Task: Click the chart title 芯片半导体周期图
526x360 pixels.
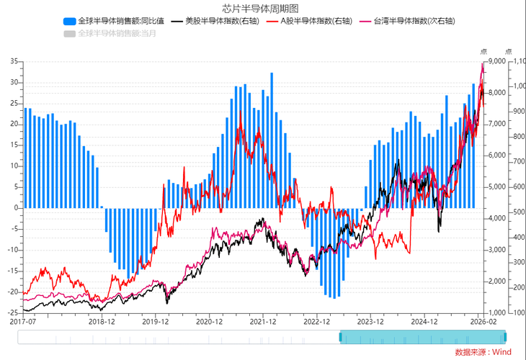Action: click(x=263, y=8)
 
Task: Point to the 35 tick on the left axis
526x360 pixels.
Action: click(x=14, y=62)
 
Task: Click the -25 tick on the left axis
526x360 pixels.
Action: click(x=12, y=313)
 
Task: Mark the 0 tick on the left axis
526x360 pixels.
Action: click(x=16, y=208)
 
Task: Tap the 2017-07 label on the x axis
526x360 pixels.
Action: click(x=24, y=323)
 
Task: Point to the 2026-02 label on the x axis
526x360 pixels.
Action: click(x=483, y=323)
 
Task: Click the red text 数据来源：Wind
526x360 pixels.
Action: click(x=483, y=351)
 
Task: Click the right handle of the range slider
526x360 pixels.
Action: click(x=505, y=337)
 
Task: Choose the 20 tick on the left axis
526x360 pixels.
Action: click(x=14, y=125)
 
